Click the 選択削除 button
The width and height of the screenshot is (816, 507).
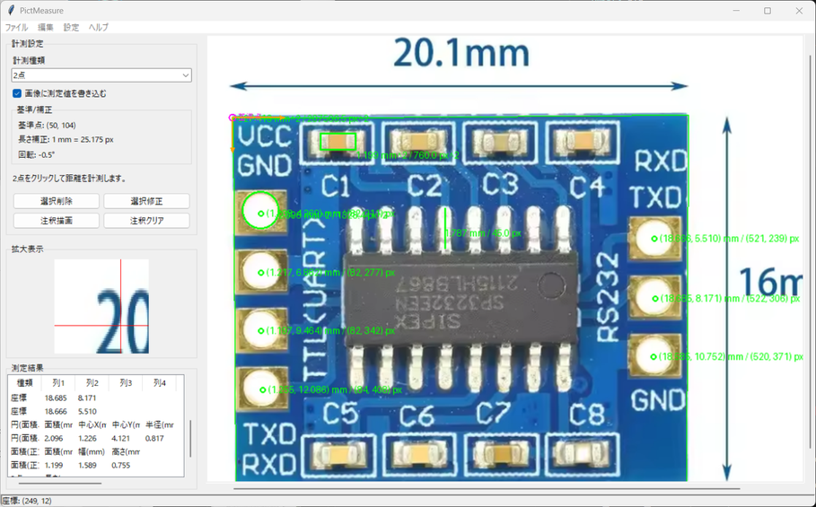(57, 201)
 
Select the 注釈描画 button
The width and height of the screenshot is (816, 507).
(57, 221)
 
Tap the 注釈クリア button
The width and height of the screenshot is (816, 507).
(146, 221)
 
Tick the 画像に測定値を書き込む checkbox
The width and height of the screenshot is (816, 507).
(17, 93)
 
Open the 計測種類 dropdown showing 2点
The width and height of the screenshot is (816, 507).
(101, 75)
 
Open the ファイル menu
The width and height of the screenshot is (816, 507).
(16, 28)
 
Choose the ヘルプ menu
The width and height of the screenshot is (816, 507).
(99, 28)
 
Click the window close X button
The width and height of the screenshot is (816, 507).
(799, 11)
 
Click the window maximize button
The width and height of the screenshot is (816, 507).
(768, 11)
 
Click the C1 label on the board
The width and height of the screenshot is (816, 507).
(336, 186)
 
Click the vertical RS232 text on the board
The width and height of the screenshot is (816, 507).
(608, 305)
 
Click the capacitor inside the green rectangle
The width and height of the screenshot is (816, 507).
(338, 142)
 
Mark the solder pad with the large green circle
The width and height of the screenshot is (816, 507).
(260, 212)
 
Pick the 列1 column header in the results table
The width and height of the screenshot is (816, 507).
(58, 383)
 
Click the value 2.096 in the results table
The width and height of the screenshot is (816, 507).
(55, 438)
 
